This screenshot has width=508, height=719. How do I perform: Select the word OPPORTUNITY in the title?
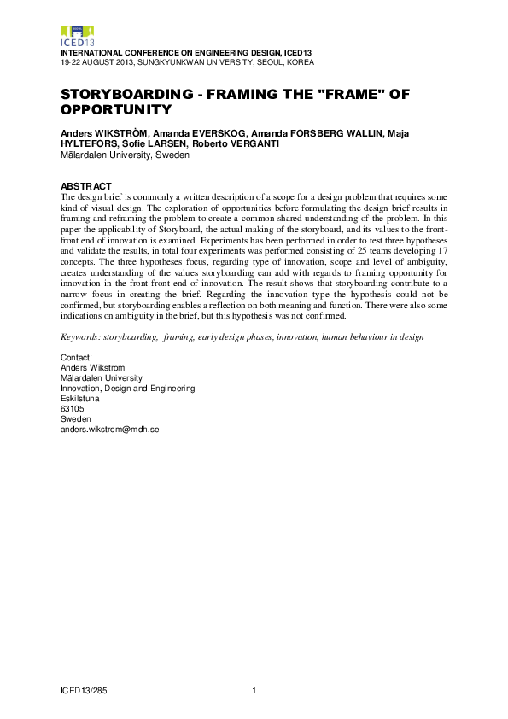[116, 110]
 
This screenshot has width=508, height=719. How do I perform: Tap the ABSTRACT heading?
[85, 186]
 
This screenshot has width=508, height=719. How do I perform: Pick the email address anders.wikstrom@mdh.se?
[109, 430]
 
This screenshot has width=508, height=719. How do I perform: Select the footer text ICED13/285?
[84, 689]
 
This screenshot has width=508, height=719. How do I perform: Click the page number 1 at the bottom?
[254, 689]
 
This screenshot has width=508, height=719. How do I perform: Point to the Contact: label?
[76, 357]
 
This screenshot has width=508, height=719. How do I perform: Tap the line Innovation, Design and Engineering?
[127, 388]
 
